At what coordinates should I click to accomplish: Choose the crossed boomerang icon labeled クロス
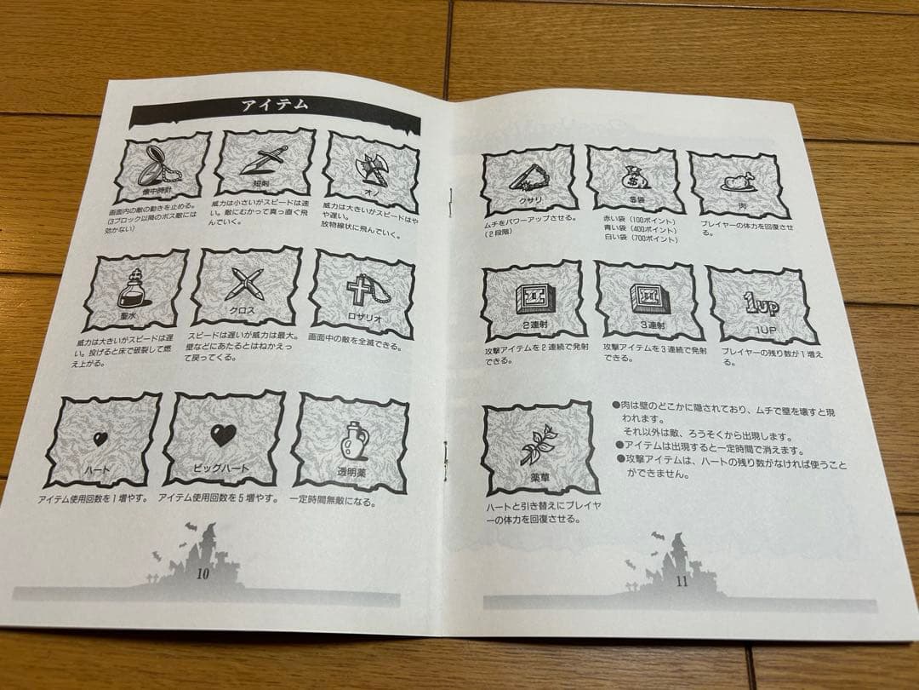tap(245, 282)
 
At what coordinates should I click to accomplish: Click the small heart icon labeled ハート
tap(100, 440)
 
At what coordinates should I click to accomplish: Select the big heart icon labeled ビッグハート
tap(223, 437)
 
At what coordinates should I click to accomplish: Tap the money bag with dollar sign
tap(636, 176)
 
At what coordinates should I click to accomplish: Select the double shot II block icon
tap(533, 297)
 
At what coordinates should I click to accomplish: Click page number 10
tap(203, 574)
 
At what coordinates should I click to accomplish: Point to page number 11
tap(681, 583)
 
